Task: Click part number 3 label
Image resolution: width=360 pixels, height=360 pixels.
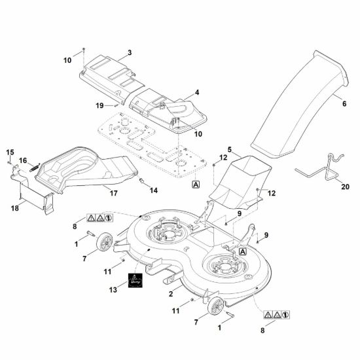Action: [x=130, y=52]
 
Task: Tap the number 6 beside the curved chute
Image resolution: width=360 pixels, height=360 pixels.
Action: [x=344, y=104]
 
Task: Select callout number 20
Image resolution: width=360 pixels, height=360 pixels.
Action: [x=345, y=187]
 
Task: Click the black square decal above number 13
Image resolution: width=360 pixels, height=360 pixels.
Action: [x=135, y=280]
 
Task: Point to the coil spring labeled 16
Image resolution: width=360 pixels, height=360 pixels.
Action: [x=35, y=168]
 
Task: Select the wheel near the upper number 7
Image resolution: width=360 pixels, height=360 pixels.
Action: [x=105, y=242]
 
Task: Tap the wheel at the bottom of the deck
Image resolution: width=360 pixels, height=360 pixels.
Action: [x=215, y=306]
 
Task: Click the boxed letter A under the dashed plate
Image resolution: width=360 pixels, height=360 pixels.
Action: [x=196, y=184]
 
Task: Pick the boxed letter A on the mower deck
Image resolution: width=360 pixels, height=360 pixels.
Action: [x=243, y=251]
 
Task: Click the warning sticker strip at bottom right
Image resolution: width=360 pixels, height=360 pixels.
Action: [x=276, y=315]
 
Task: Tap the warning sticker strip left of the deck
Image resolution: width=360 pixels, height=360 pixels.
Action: [x=100, y=218]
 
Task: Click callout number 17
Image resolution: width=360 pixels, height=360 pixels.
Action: [x=113, y=193]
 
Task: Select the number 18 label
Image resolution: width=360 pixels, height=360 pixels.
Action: [x=15, y=208]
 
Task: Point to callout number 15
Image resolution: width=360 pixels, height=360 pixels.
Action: [x=10, y=153]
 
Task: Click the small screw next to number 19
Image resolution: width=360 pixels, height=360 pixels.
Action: [x=116, y=105]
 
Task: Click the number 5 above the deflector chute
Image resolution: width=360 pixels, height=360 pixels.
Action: [x=230, y=150]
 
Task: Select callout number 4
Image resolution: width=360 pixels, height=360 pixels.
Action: [x=197, y=92]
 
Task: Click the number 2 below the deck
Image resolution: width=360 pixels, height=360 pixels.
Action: [x=171, y=294]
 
